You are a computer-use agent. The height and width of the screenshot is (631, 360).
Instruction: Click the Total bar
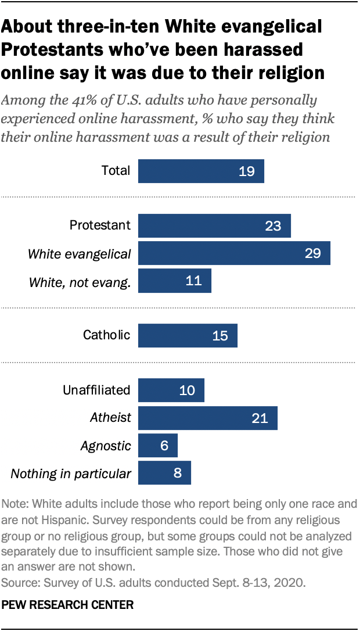(201, 171)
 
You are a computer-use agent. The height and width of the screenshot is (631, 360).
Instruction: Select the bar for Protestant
(214, 225)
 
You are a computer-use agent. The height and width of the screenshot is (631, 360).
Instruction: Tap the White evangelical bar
(234, 253)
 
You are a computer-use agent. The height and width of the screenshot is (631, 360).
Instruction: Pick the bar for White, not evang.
(175, 281)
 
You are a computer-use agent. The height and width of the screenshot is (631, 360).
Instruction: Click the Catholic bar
(188, 335)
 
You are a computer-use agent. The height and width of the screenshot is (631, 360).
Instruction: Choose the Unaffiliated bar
(171, 390)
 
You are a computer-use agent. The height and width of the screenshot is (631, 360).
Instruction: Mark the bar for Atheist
(208, 417)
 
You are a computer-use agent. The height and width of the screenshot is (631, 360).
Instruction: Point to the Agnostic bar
(158, 445)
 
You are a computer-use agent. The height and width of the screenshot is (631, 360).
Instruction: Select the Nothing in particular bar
(164, 473)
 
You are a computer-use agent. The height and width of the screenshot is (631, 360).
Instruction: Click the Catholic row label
(106, 335)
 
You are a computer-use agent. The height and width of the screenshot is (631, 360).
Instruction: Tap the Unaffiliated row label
(96, 390)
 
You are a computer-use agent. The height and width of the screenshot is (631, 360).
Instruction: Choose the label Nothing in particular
(71, 474)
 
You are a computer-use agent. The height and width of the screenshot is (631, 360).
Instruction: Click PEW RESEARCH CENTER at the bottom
(68, 605)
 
